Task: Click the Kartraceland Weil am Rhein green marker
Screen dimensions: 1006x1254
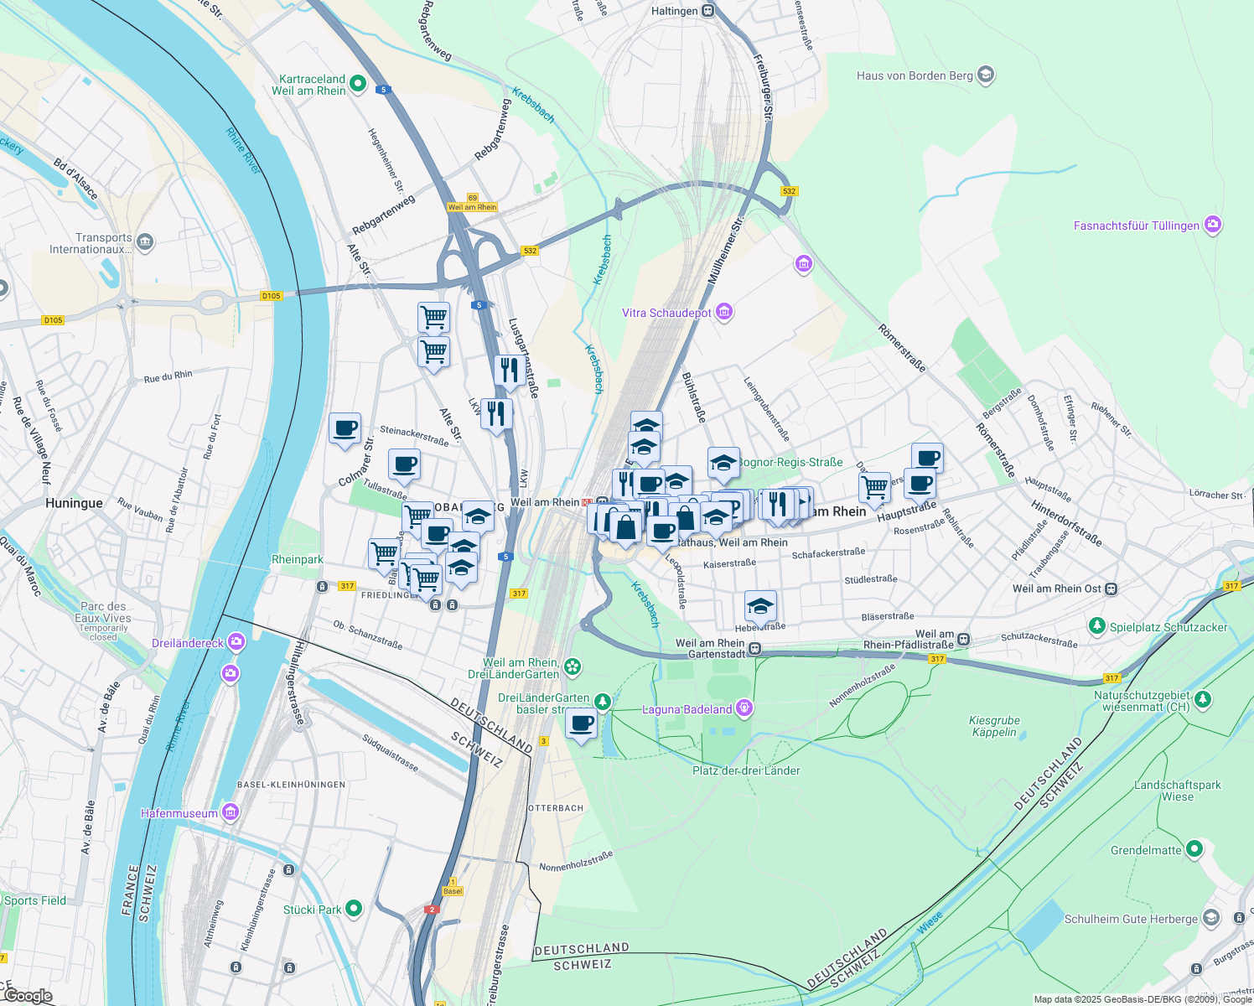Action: pyautogui.click(x=358, y=83)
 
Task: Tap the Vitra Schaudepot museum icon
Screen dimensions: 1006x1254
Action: pyautogui.click(x=724, y=313)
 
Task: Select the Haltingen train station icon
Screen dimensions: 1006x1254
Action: pyautogui.click(x=708, y=11)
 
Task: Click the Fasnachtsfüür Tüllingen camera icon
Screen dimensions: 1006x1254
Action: pyautogui.click(x=1212, y=225)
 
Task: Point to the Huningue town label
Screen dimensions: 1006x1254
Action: pyautogui.click(x=74, y=503)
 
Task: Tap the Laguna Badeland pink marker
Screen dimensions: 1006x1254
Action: pyautogui.click(x=744, y=709)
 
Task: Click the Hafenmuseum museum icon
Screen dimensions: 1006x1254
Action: pyautogui.click(x=231, y=812)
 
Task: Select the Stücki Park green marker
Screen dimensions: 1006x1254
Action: pyautogui.click(x=354, y=909)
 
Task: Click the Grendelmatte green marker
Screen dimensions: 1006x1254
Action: pyautogui.click(x=1194, y=850)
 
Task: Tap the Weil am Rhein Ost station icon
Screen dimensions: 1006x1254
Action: pyautogui.click(x=1111, y=589)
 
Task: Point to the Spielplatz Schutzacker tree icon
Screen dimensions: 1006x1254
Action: pyautogui.click(x=1096, y=626)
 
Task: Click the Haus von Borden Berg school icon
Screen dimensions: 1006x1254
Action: pyautogui.click(x=986, y=75)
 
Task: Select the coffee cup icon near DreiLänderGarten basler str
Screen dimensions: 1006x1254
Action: pyautogui.click(x=581, y=723)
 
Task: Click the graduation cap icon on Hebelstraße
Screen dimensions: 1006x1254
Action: pyautogui.click(x=760, y=605)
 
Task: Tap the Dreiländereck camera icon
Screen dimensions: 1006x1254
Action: pyautogui.click(x=236, y=643)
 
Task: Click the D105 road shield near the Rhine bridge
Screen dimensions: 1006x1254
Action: pyautogui.click(x=271, y=295)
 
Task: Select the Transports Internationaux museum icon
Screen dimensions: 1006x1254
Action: pyautogui.click(x=145, y=243)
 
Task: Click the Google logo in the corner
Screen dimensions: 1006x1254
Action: pyautogui.click(x=28, y=996)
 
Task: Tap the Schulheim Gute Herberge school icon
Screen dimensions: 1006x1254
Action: pyautogui.click(x=1210, y=918)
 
